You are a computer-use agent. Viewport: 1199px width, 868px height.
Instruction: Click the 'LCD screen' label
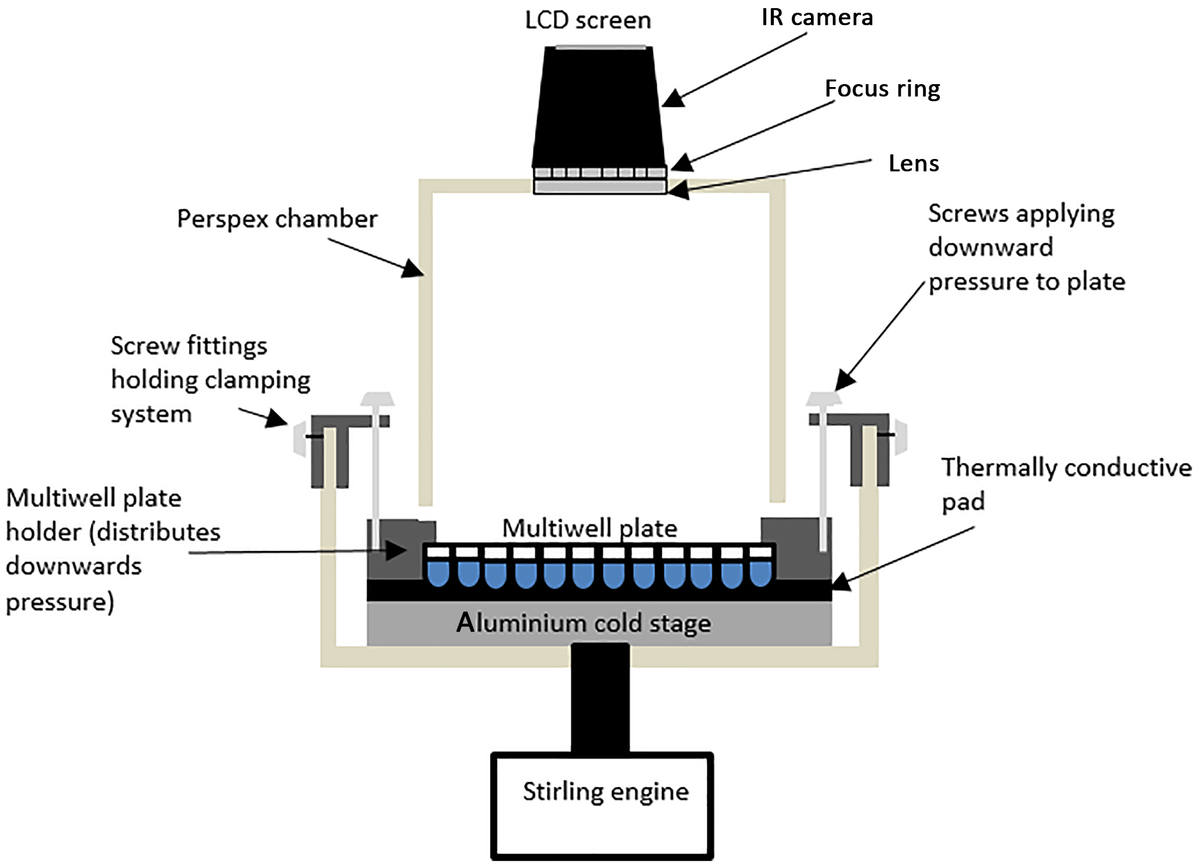pos(588,21)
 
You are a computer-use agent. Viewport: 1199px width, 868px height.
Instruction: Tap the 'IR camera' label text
pos(817,17)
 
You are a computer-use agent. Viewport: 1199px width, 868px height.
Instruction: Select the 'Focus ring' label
pos(882,89)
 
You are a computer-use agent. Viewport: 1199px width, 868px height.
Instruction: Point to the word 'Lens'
pos(914,164)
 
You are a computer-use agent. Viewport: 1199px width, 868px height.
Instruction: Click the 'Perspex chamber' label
pos(277,219)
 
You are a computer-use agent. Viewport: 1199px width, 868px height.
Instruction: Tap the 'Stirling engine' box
pos(602,806)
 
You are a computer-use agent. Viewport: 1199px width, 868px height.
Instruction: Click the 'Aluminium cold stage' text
pos(584,623)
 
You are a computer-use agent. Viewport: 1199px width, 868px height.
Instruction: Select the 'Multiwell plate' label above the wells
pos(589,528)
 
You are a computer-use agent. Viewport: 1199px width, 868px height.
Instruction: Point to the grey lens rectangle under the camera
pos(600,187)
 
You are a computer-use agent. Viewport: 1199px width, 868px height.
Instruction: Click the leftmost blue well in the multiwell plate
pos(438,573)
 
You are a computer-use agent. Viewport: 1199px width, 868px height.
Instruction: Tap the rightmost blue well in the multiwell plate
pos(760,573)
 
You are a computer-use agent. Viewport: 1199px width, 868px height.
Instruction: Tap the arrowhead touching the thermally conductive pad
pos(841,582)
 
